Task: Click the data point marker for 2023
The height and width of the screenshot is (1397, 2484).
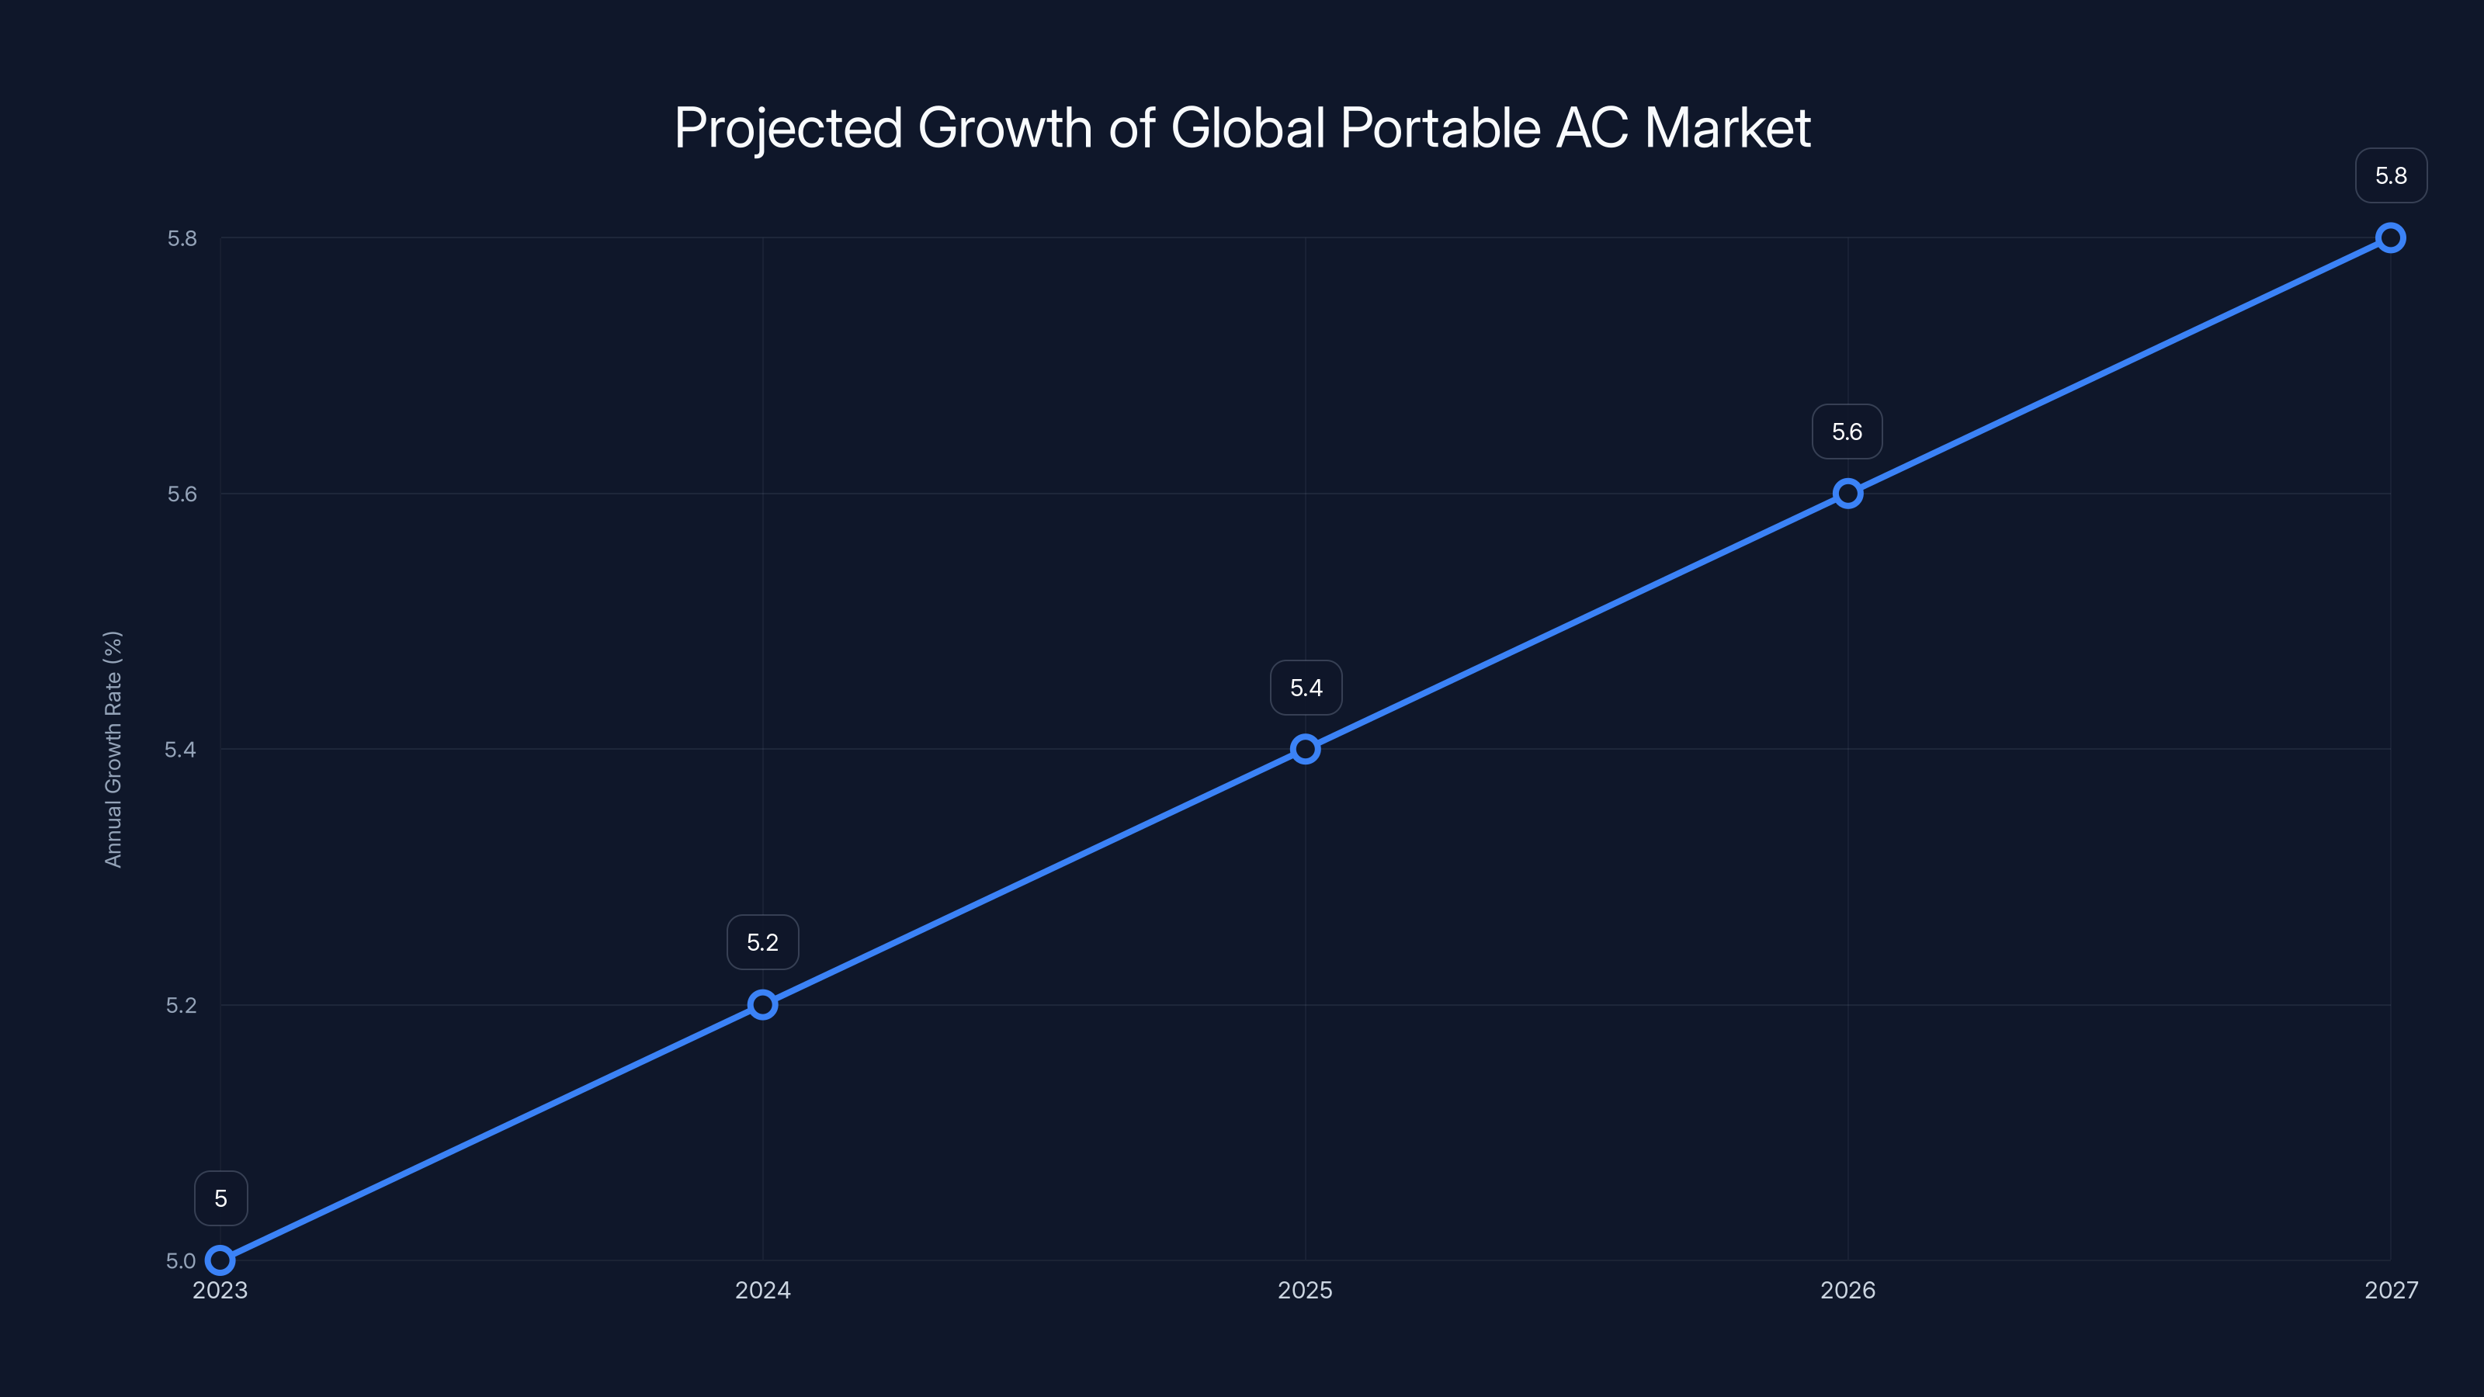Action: (220, 1260)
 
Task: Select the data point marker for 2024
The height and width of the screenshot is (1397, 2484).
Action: (763, 1004)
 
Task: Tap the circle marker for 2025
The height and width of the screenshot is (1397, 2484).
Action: (1305, 749)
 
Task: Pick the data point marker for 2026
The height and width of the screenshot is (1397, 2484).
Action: (1847, 494)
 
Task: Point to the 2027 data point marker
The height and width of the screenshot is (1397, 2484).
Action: (2391, 238)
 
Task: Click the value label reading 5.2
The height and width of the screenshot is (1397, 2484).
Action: (763, 942)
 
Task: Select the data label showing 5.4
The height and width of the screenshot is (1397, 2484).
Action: (1306, 688)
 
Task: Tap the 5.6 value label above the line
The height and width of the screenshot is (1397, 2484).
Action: (1847, 432)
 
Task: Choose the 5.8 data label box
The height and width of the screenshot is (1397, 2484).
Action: (2391, 175)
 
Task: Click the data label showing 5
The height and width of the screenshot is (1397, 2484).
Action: (220, 1198)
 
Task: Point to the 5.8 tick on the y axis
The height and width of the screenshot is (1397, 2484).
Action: (182, 238)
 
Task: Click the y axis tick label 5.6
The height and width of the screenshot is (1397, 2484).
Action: (182, 494)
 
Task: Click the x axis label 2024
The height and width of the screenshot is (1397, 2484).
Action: (763, 1290)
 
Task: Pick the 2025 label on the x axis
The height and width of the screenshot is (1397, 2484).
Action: (1305, 1290)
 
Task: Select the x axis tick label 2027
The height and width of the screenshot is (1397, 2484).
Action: (2391, 1290)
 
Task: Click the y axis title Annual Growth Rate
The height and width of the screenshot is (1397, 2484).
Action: (113, 749)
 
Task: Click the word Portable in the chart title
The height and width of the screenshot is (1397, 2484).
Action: (1441, 128)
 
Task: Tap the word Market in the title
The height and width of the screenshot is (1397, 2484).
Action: (1727, 128)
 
